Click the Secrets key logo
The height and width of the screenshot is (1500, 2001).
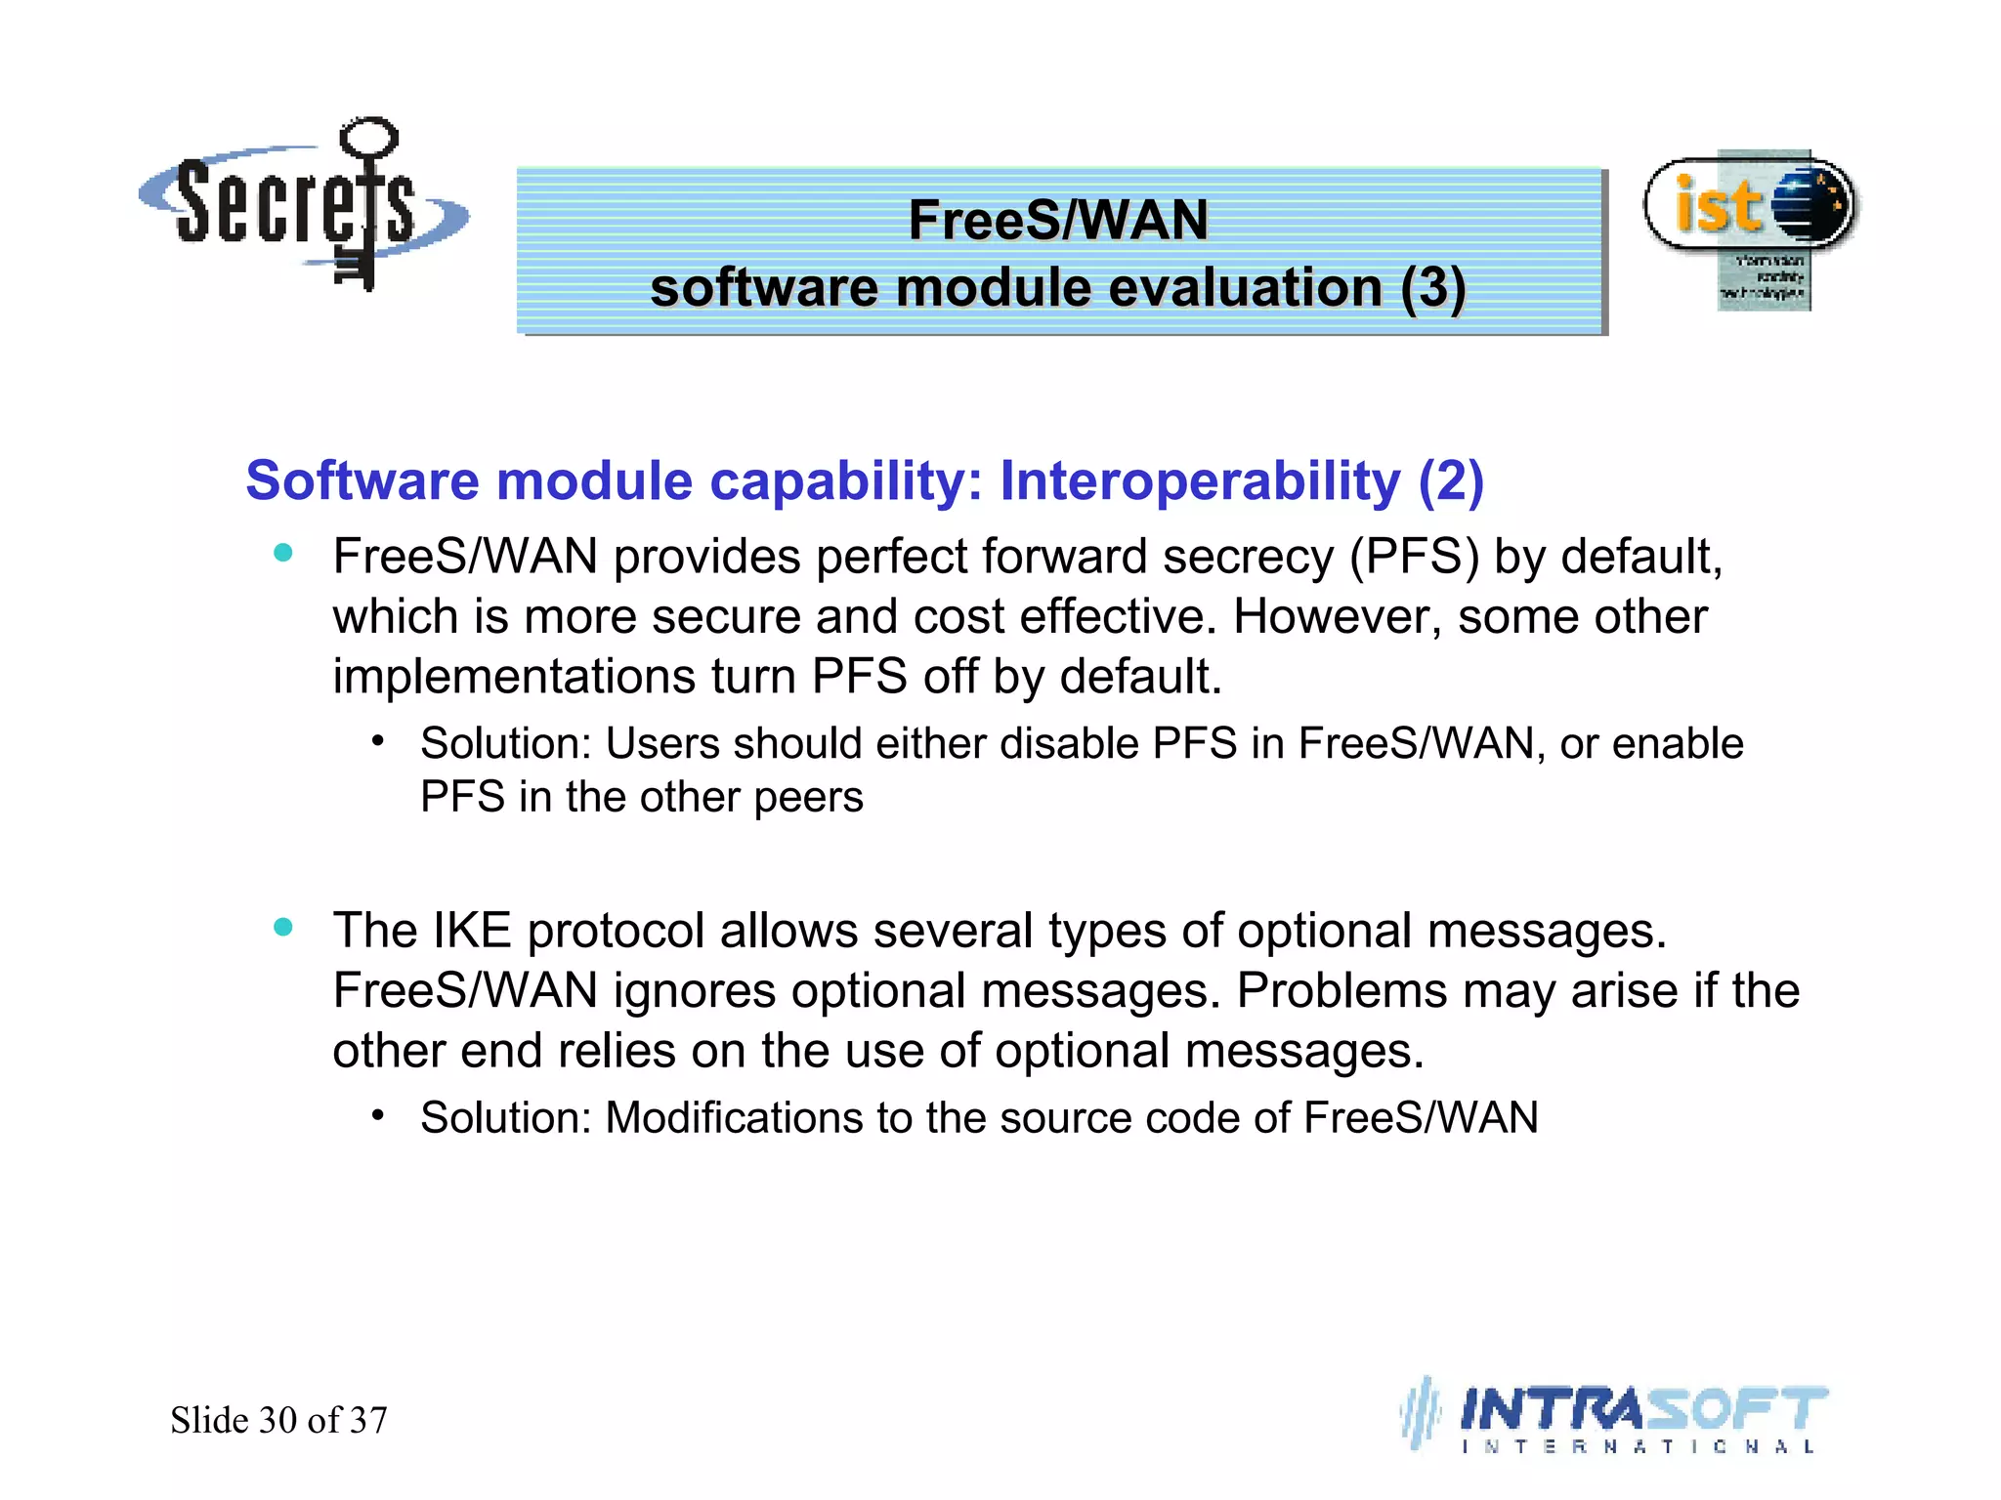[x=303, y=205]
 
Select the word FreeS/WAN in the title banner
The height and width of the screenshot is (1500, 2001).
[x=1058, y=220]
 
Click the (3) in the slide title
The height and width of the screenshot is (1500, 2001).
[x=1432, y=288]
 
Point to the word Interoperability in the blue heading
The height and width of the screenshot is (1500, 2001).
[x=1200, y=481]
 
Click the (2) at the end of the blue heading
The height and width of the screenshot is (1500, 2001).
[x=1451, y=481]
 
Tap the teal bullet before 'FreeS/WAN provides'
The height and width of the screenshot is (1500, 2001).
[x=283, y=553]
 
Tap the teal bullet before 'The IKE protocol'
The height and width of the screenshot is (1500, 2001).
[x=283, y=927]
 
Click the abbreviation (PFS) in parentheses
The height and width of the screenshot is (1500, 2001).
[x=1414, y=557]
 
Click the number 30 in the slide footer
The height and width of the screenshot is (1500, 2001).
[x=277, y=1420]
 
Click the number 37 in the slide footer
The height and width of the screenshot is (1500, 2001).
[x=368, y=1420]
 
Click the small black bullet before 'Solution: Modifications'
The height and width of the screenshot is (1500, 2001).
[x=378, y=1114]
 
